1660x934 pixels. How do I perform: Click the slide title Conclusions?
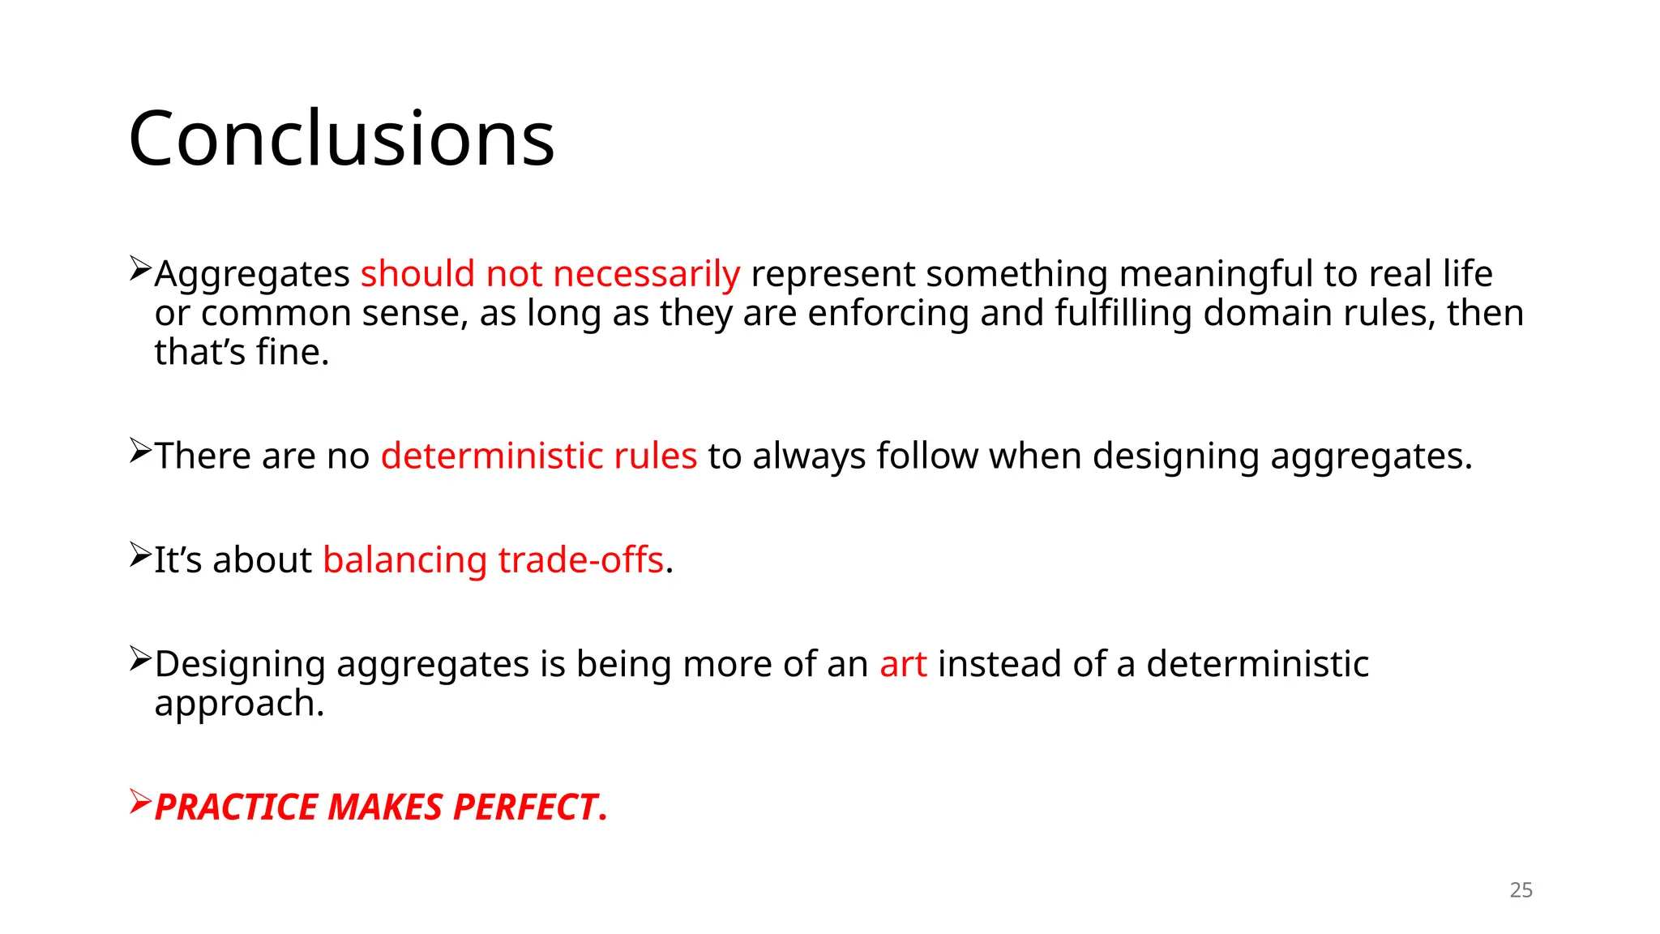(x=341, y=139)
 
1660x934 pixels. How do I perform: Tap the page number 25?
(x=1521, y=890)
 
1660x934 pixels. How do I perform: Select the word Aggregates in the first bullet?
(x=252, y=274)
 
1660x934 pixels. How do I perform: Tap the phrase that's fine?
(x=242, y=352)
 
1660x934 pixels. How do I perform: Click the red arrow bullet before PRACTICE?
(x=140, y=803)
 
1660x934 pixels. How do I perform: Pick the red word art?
(x=903, y=664)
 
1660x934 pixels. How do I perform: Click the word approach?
(x=239, y=703)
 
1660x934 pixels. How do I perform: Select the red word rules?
(x=655, y=456)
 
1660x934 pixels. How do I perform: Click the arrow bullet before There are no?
(x=140, y=451)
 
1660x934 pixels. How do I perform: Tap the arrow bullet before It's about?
(x=140, y=555)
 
